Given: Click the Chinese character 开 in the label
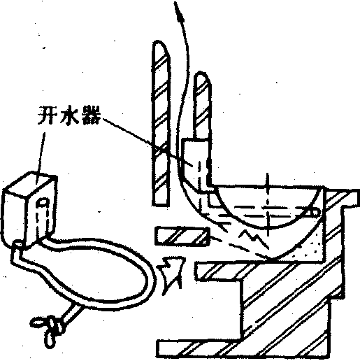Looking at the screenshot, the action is coord(47,115).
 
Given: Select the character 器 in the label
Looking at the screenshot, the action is coord(91,115).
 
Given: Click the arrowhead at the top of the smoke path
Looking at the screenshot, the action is coord(179,13).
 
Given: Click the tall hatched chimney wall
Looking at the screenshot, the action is coord(161,124).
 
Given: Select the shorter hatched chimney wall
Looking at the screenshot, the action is coord(202,105).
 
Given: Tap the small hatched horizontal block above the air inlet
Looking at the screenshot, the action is coord(182,236).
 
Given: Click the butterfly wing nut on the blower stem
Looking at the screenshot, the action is coord(47,327).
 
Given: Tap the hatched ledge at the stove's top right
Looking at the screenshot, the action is coord(340,198).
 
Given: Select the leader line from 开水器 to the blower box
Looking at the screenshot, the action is coord(40,158).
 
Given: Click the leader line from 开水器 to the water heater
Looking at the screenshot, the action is coord(148,142).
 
